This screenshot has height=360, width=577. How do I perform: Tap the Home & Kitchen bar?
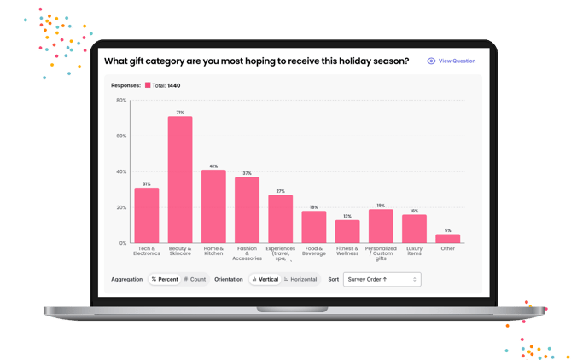[213, 206]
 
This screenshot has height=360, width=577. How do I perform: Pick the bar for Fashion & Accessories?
[247, 210]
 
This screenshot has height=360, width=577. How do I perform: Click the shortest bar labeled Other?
[447, 239]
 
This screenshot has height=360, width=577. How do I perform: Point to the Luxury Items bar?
[414, 229]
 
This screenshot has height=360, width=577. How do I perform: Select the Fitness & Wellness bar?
[347, 231]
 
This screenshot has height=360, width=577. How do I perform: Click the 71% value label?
[180, 113]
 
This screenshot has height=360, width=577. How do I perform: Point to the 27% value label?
[280, 191]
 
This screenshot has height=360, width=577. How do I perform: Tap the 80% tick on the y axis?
[121, 101]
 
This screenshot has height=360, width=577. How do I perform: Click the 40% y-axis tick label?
[121, 171]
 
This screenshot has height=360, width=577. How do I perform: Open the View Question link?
[452, 61]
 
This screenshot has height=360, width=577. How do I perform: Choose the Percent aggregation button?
[165, 279]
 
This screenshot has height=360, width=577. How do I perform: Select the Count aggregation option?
[195, 279]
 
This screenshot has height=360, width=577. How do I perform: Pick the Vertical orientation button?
[265, 279]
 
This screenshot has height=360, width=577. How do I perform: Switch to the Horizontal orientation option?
[300, 279]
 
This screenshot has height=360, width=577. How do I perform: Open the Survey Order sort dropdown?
[382, 279]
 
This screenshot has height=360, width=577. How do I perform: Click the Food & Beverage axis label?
[314, 251]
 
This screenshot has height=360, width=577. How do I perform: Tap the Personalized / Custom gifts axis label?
[381, 253]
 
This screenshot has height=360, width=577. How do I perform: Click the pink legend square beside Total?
[148, 85]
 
